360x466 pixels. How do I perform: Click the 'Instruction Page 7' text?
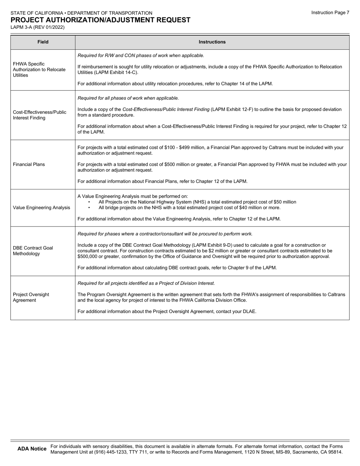tap(330, 13)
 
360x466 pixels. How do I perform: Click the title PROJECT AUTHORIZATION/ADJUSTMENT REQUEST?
tap(100, 20)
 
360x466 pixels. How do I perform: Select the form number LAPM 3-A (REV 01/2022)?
tap(38, 27)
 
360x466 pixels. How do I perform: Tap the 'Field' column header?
tap(43, 42)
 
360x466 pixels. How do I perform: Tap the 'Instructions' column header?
tap(212, 42)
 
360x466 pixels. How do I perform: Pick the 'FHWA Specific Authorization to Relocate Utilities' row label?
tap(39, 70)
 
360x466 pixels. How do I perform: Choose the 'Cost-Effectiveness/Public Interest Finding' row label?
tap(39, 115)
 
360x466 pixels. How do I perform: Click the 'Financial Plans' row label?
tap(29, 164)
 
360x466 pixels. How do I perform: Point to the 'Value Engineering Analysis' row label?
tap(41, 208)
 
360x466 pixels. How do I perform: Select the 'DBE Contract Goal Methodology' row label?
tap(33, 251)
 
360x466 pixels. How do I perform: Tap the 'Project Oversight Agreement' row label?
tap(31, 297)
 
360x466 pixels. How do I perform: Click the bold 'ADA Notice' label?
tap(32, 449)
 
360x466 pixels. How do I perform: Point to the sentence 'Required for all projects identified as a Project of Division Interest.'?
tap(146, 283)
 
